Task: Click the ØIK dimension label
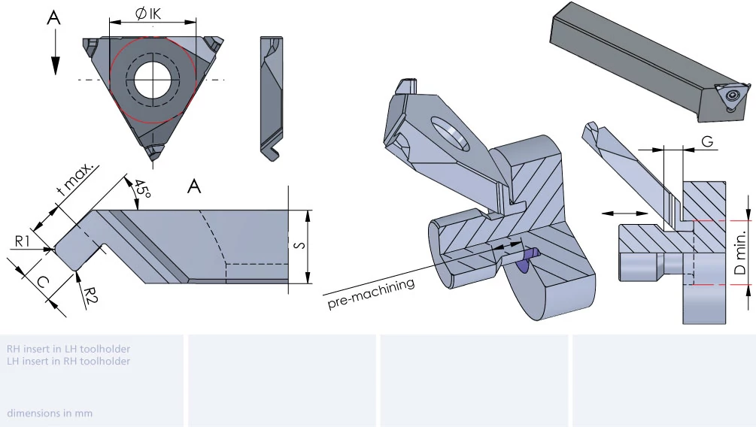point(148,14)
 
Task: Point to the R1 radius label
point(22,241)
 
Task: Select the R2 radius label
point(90,295)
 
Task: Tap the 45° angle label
point(142,189)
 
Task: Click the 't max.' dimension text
point(74,178)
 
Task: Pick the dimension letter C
point(42,282)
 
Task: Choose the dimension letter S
point(299,245)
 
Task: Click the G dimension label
point(707,141)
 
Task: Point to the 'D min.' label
point(740,253)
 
